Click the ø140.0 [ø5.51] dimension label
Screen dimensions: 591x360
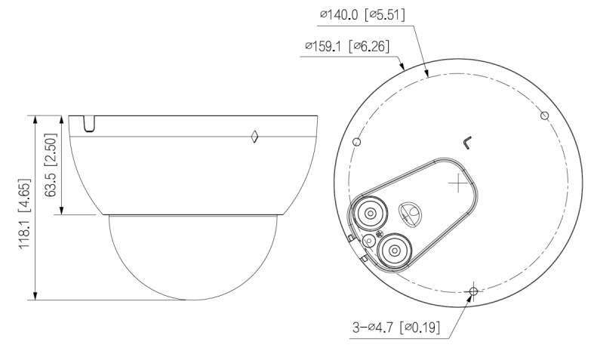tap(362, 15)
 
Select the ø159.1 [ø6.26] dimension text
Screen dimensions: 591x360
tap(347, 46)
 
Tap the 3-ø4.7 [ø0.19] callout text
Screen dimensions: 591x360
tap(396, 327)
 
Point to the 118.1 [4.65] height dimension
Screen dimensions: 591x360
tap(24, 214)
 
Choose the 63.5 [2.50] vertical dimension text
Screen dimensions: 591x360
tap(51, 165)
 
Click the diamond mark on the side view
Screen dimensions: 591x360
tap(255, 137)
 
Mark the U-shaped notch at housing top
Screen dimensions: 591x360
tap(89, 124)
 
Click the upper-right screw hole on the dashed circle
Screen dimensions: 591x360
tap(545, 115)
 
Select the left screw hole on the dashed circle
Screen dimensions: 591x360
tap(356, 142)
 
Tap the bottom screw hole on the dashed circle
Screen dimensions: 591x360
tap(474, 291)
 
